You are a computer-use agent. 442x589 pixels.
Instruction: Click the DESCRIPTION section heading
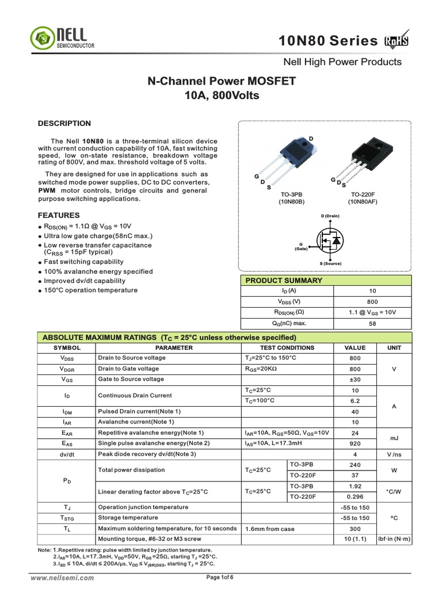click(64, 123)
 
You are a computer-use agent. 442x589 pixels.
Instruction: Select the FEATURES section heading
click(58, 215)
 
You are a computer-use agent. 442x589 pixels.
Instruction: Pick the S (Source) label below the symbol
click(330, 263)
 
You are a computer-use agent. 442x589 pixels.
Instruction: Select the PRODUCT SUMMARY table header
click(284, 281)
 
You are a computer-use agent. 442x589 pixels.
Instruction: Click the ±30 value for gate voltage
click(355, 379)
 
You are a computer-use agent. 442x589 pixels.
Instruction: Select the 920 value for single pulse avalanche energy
click(355, 443)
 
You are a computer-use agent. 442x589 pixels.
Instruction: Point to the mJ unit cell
click(394, 438)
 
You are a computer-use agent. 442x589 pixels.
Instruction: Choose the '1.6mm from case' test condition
click(270, 529)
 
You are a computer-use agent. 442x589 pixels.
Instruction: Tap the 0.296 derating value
click(355, 496)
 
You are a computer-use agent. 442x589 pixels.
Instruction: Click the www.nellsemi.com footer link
click(63, 578)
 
